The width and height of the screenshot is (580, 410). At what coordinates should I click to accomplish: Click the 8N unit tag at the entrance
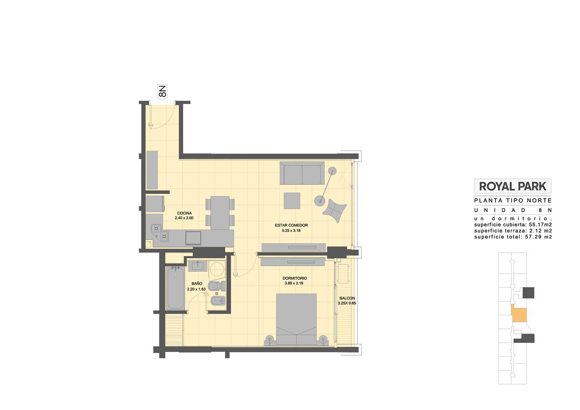(x=162, y=91)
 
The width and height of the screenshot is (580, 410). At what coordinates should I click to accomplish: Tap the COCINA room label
(x=184, y=213)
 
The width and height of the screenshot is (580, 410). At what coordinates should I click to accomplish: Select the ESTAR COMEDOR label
(x=291, y=225)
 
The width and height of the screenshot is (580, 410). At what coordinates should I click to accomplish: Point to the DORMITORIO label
(x=295, y=278)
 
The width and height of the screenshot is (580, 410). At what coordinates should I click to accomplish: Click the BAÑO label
(x=197, y=284)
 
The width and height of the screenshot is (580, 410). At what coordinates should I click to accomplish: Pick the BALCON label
(x=347, y=298)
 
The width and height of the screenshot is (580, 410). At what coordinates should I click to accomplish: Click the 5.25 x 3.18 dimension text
(x=291, y=231)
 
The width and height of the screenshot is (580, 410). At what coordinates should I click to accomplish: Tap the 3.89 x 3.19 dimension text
(x=294, y=283)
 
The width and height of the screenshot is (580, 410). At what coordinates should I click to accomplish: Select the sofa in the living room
(x=302, y=173)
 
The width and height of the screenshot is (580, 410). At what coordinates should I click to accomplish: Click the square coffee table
(x=292, y=201)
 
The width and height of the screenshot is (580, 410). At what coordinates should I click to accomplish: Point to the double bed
(x=296, y=319)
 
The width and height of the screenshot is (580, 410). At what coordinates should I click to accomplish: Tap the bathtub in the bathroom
(x=175, y=288)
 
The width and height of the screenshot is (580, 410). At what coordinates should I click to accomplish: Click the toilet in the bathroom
(x=217, y=286)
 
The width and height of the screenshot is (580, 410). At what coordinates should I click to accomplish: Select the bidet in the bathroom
(x=217, y=301)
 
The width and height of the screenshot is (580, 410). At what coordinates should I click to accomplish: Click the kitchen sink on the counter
(x=193, y=238)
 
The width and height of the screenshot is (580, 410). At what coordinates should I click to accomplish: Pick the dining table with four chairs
(x=220, y=213)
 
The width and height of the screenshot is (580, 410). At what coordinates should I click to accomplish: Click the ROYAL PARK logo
(x=513, y=186)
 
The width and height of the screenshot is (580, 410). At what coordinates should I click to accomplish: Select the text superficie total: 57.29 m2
(x=513, y=237)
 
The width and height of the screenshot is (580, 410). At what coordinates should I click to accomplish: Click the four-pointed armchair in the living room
(x=334, y=210)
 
